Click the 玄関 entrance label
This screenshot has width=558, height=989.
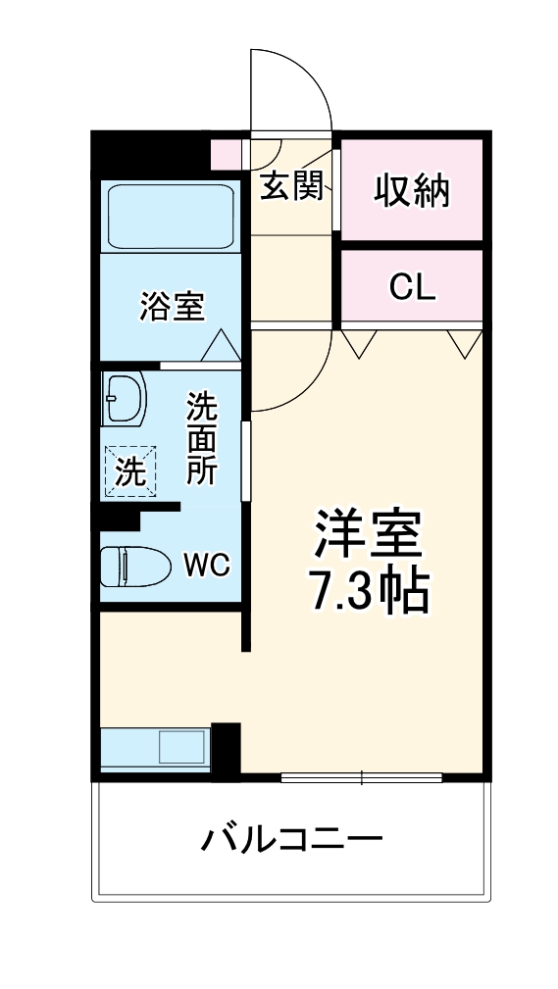coord(291,186)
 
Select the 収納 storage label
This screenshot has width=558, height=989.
coord(412,191)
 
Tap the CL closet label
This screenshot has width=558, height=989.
coord(412,287)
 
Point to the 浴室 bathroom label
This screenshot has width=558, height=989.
coord(172,307)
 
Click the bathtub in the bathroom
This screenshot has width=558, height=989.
coord(170,217)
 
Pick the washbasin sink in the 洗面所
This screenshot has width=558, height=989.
coord(124,398)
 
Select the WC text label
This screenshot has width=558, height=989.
coord(207,566)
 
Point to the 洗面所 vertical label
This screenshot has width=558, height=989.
coord(203,436)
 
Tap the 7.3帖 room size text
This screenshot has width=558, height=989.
coord(367,590)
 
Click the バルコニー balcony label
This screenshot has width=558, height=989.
coord(291,839)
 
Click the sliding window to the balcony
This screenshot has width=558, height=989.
coord(361,778)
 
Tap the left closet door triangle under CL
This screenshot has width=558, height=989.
coord(358,343)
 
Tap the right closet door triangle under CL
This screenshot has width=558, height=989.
coord(464,343)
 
